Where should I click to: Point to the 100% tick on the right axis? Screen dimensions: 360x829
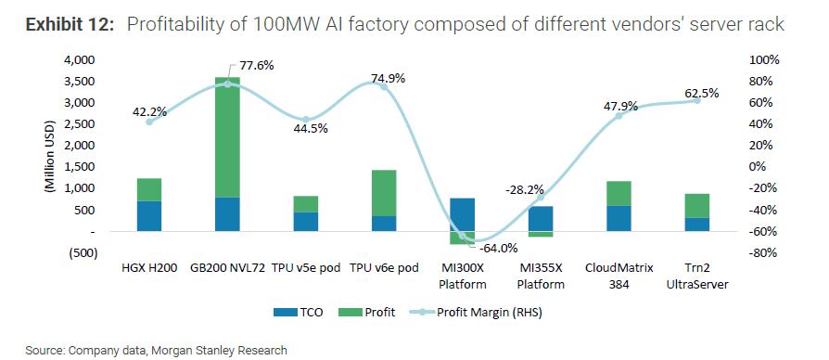pos(766,59)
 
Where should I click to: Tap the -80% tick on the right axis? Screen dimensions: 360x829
pos(766,253)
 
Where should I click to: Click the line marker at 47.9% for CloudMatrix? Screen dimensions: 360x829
pos(619,116)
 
